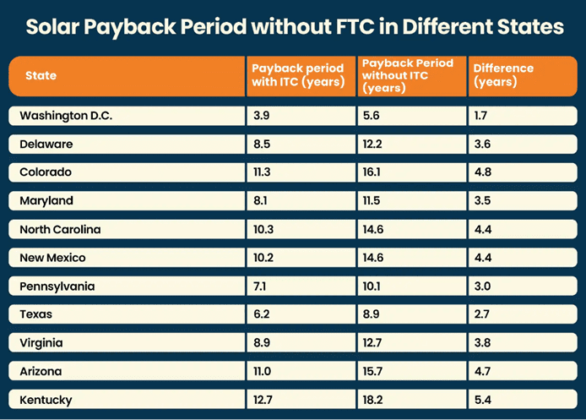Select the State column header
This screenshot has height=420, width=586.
41,76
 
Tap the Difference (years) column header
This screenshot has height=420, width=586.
503,75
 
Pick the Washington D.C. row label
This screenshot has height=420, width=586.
65,116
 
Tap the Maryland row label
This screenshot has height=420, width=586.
46,201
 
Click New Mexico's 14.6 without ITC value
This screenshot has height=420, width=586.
373,258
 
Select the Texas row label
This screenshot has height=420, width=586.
36,314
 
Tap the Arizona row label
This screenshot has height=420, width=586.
41,371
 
